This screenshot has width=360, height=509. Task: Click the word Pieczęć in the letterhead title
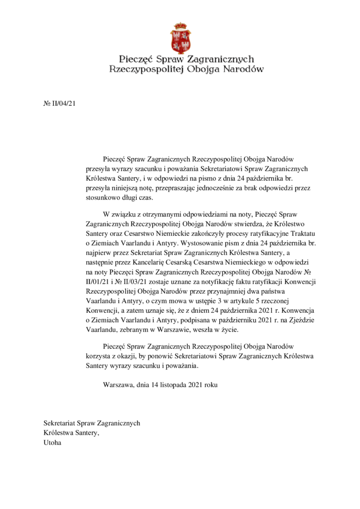[x=136, y=59]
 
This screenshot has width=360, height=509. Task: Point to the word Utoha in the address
[x=52, y=442]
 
